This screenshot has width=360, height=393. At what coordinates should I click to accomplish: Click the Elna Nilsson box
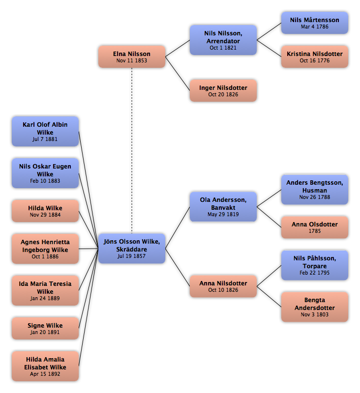[x=132, y=56]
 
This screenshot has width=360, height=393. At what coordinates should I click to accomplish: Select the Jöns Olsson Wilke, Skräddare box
[x=132, y=249]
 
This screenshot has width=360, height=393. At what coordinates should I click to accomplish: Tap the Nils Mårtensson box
[x=315, y=23]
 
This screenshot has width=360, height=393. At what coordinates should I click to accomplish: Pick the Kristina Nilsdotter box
[x=315, y=56]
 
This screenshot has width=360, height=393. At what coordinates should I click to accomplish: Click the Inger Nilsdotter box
[x=223, y=90]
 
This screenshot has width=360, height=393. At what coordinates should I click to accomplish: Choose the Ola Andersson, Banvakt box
[x=223, y=207]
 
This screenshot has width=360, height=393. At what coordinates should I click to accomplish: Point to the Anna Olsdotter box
[x=315, y=227]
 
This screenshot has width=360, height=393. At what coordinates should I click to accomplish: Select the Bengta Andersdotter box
[x=315, y=307]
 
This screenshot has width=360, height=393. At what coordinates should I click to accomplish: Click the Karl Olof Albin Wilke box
[x=45, y=131]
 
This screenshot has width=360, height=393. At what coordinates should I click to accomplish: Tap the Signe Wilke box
[x=45, y=328]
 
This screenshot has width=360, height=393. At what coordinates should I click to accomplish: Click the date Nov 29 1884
[x=45, y=215]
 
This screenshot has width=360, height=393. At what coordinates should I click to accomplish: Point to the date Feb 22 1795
[x=315, y=273]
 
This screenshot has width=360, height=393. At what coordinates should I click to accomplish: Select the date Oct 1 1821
[x=223, y=48]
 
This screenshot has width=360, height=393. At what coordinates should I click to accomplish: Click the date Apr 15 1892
[x=45, y=374]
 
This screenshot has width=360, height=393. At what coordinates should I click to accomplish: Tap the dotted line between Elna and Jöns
[x=132, y=151]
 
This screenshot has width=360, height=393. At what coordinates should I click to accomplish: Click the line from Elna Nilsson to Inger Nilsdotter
[x=178, y=74]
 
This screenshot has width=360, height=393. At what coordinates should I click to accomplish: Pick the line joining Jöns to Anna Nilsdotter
[x=178, y=267]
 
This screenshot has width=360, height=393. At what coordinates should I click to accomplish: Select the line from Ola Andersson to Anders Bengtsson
[x=269, y=198]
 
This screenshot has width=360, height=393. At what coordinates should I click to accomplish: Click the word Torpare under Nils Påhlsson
[x=315, y=266]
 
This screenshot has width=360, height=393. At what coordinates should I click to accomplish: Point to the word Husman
[x=315, y=190]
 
